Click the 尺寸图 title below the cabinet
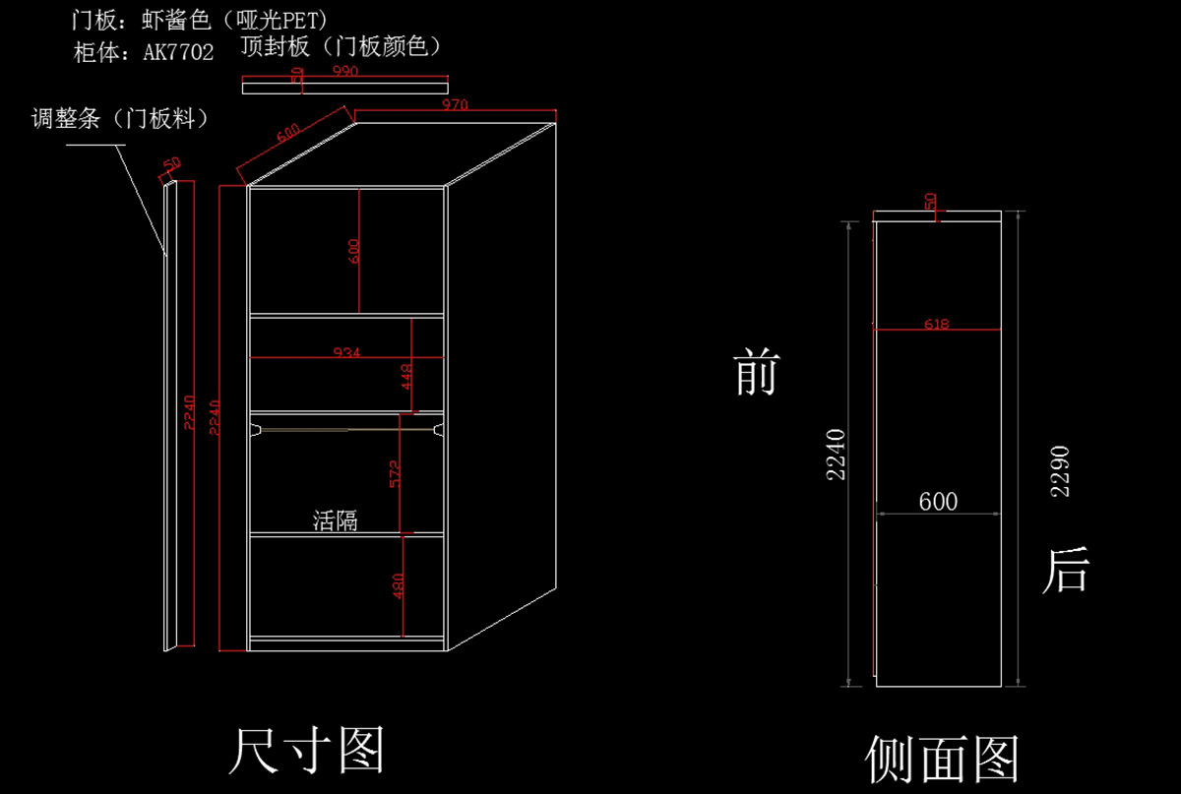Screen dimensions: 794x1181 click(305, 751)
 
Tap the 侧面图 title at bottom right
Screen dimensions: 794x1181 click(942, 759)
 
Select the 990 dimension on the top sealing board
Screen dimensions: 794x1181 click(344, 72)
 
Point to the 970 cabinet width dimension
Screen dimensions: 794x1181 click(454, 104)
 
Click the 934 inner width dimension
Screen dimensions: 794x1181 click(345, 352)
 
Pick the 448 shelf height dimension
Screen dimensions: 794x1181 click(406, 376)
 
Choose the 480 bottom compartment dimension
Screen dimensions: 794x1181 click(399, 585)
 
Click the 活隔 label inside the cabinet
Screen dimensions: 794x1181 click(335, 520)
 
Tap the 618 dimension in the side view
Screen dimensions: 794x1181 click(937, 324)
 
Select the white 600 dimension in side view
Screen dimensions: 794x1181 click(938, 502)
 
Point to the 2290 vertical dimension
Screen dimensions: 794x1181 click(1060, 471)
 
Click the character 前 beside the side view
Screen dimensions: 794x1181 click(756, 374)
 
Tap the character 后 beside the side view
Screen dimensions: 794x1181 click(1065, 571)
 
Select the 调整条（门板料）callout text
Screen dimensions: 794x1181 click(120, 119)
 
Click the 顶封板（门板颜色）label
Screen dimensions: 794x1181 click(341, 46)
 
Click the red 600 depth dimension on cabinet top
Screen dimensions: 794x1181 click(288, 134)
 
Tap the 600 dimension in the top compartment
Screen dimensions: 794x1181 click(354, 250)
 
